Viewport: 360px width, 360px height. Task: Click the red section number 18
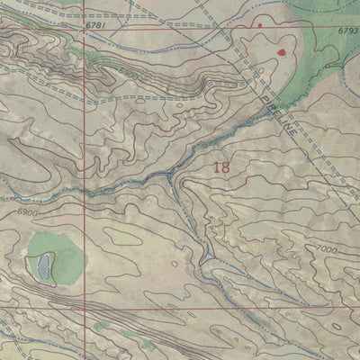[x=222, y=166]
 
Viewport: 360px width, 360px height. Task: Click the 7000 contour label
[x=327, y=247]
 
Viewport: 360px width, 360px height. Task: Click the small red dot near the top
[x=260, y=25]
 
